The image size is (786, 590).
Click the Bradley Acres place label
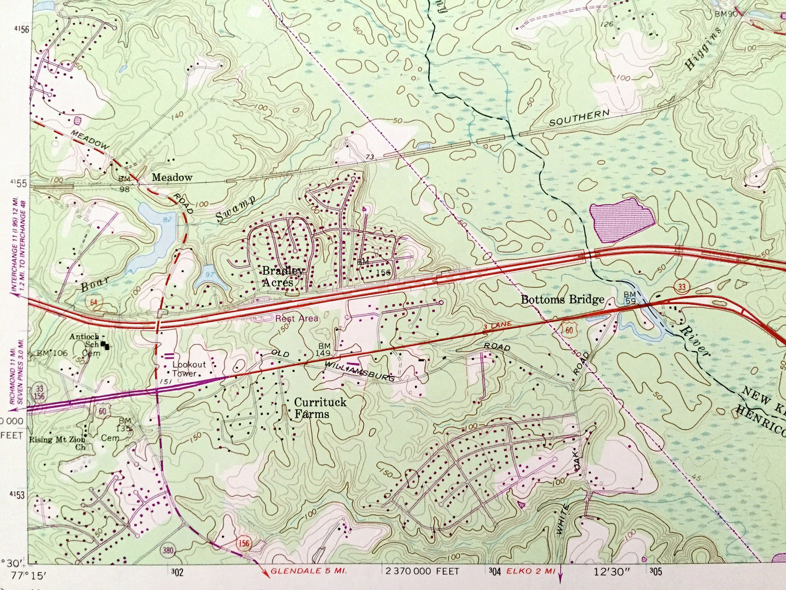[283, 276]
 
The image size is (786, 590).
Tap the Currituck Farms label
[312, 408]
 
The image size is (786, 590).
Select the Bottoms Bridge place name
[562, 299]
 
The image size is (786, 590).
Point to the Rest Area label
[296, 318]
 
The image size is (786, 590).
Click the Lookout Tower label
[189, 369]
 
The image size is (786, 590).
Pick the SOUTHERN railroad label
[579, 118]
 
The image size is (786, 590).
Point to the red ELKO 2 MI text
[530, 571]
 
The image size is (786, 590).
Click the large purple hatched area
[622, 220]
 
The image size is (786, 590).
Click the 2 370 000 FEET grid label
[422, 571]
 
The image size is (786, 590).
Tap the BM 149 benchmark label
[324, 350]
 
